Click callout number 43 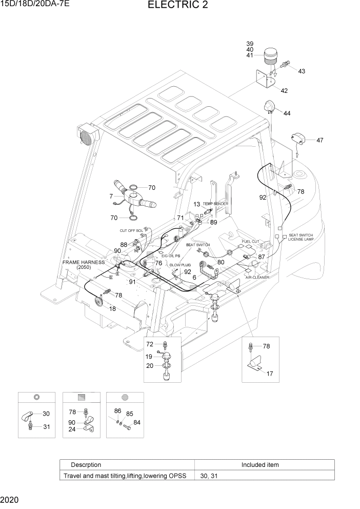(x=302, y=71)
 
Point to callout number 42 (x=284, y=91)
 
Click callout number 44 (x=286, y=113)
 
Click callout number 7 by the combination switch (x=110, y=197)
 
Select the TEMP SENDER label (x=215, y=204)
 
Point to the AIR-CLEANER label (x=257, y=277)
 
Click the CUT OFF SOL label (x=131, y=231)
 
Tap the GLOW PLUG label (x=180, y=265)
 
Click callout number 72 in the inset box (x=150, y=344)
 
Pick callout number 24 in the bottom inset (x=72, y=429)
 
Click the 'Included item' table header (x=260, y=465)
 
